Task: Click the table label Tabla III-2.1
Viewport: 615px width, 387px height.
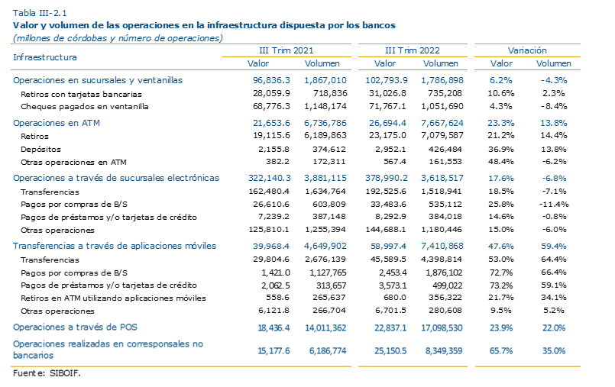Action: tap(40, 13)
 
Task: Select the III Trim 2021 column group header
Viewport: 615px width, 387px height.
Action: tap(286, 50)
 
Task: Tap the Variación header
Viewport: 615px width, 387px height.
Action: tap(527, 50)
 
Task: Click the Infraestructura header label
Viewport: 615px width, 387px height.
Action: tap(45, 57)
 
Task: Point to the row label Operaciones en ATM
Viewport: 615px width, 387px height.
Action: tap(57, 123)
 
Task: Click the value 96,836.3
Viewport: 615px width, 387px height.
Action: tap(271, 80)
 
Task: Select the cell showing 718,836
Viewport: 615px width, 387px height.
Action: tap(330, 94)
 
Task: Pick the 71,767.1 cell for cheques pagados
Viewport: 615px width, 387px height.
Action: tap(387, 107)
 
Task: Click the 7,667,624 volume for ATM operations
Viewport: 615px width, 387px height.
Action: tap(442, 123)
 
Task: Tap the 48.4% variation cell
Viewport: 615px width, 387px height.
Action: tap(501, 162)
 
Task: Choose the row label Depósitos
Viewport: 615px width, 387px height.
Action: tap(40, 150)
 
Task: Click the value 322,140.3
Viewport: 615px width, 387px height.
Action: tap(270, 178)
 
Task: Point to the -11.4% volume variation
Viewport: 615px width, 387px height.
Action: tap(554, 204)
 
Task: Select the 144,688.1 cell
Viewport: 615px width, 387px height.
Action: tap(386, 230)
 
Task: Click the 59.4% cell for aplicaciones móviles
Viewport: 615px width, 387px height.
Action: tap(553, 247)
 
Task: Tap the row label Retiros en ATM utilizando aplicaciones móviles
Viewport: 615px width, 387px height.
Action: tap(113, 298)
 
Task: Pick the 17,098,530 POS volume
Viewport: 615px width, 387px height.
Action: tap(442, 328)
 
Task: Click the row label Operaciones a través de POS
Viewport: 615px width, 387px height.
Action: tap(75, 327)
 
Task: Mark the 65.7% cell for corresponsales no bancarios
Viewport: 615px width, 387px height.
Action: tap(501, 351)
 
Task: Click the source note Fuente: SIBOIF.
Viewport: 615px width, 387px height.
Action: tap(47, 373)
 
